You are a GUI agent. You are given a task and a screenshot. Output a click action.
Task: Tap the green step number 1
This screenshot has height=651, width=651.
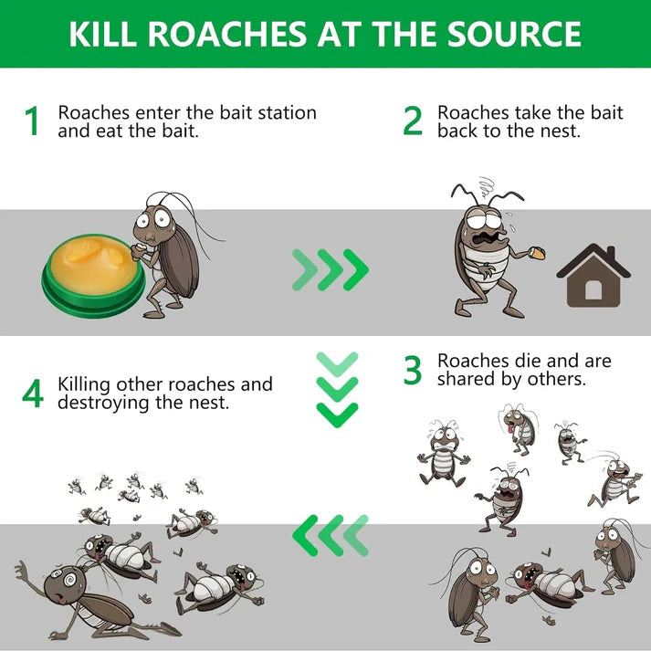33,121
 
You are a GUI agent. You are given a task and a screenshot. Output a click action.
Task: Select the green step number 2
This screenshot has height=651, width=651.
413,121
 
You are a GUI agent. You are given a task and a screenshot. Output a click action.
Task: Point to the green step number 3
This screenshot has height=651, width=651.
413,370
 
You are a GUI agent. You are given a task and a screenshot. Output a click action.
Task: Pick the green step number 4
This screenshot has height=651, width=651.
33,393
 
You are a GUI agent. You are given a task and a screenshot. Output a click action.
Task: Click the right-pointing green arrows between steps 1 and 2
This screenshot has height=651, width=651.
330,268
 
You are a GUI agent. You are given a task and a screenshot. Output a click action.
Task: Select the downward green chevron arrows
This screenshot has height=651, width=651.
336,387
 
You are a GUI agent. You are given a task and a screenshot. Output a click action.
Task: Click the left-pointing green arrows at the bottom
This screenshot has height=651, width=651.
330,534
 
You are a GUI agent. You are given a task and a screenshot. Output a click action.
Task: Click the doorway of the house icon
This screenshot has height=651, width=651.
593,289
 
